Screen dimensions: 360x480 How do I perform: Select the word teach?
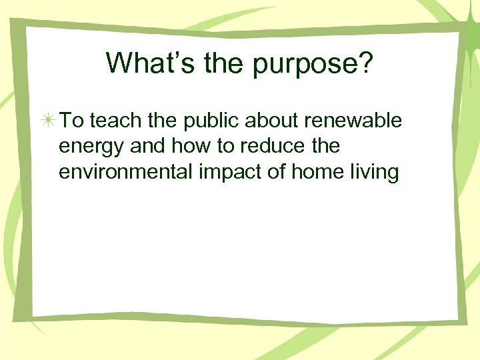click(x=111, y=121)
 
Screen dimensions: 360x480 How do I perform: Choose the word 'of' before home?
click(x=257, y=171)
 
